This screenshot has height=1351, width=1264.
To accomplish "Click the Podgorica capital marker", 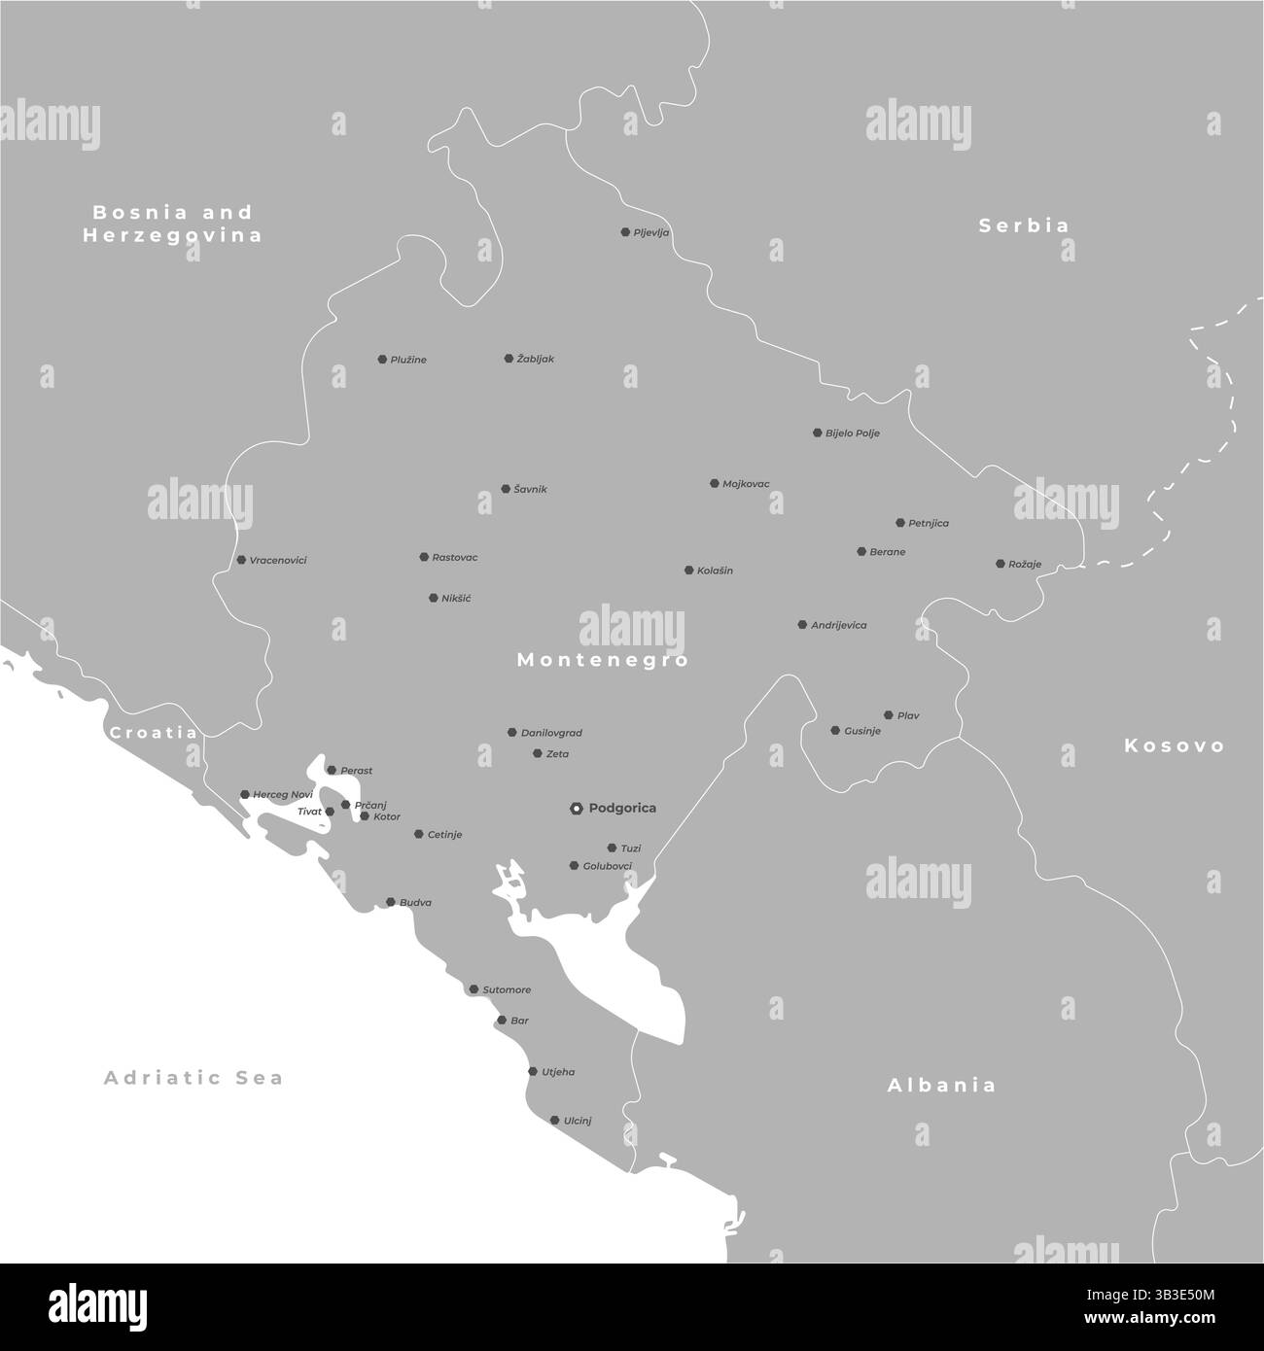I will (x=577, y=808).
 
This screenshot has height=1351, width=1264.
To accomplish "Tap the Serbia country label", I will (x=1024, y=225).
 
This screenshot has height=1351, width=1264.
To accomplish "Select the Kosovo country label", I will (x=1175, y=745).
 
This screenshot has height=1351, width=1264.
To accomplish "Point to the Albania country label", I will (x=941, y=1086).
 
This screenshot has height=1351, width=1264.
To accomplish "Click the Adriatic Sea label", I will (x=193, y=1077).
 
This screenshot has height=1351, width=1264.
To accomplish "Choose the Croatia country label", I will (x=154, y=733).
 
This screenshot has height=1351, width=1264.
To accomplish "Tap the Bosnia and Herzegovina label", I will (x=172, y=224).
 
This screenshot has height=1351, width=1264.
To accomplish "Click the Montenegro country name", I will (x=602, y=660).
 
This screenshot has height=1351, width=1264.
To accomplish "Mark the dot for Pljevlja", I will (x=625, y=232).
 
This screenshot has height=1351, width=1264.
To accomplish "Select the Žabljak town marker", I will (x=509, y=359).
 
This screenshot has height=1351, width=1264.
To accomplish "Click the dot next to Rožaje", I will (x=1001, y=564).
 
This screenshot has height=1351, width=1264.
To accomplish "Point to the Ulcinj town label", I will (x=578, y=1121).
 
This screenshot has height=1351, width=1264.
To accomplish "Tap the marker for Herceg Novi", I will (x=245, y=794).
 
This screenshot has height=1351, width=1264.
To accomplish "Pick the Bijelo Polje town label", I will (x=852, y=433).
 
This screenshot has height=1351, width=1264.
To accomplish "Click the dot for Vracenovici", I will (x=241, y=560).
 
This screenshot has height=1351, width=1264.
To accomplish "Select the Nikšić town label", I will (x=456, y=599).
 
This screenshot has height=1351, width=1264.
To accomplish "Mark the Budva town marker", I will (x=391, y=902).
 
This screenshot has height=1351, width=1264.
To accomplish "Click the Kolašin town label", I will (x=715, y=571).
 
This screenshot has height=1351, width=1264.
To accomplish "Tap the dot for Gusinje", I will (x=835, y=730).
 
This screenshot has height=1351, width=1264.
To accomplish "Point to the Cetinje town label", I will (x=444, y=835).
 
